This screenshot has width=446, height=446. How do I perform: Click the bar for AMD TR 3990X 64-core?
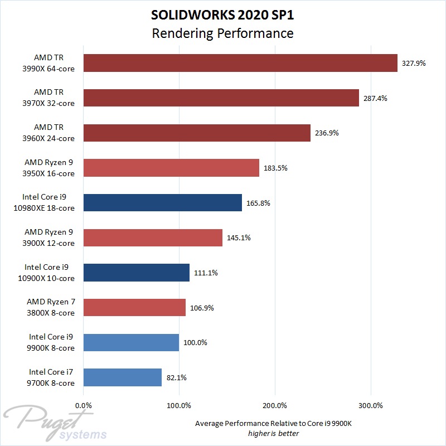coord(240,63)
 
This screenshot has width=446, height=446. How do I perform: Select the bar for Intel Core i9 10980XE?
coord(162,203)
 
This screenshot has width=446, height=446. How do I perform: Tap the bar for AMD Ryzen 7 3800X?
coord(134,307)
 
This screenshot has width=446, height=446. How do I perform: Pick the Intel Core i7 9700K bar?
coord(122,377)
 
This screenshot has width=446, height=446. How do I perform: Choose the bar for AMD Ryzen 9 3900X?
coord(153,237)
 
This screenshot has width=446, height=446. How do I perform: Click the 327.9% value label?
coord(414,64)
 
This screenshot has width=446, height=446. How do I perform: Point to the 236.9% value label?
coord(327,133)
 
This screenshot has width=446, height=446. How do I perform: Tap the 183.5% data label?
coord(275,168)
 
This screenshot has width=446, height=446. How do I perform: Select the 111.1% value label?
coord(206,273)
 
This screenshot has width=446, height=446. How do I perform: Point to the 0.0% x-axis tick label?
coord(84,405)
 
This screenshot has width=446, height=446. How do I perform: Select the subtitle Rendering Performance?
coord(222,33)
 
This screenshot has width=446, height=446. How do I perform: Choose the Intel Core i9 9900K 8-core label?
coord(52,342)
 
